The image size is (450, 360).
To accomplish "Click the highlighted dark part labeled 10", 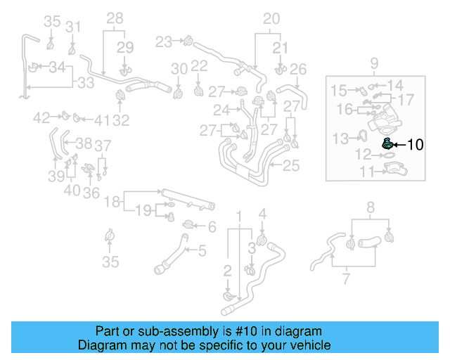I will (386, 144).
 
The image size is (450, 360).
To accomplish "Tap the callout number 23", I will (164, 41).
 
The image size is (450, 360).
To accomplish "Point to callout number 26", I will (299, 69).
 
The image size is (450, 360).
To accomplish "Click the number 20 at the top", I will (271, 19).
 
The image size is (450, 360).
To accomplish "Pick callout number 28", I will (115, 18).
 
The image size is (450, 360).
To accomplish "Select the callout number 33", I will (85, 83).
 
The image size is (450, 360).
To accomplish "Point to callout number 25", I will (291, 166).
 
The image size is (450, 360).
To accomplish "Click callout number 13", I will (340, 137).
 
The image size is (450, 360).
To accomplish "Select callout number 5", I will (202, 250).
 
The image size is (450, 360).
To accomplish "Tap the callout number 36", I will (90, 193).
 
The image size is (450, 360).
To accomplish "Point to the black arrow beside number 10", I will (399, 145).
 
